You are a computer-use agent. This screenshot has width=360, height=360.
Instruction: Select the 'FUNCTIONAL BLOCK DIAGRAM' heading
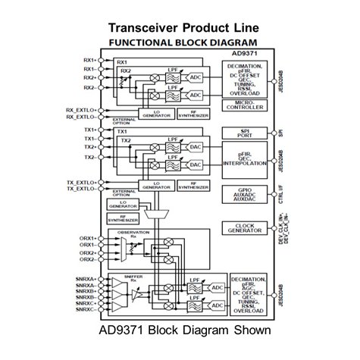[180, 42]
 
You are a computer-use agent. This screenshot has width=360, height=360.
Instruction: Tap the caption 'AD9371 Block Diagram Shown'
[179, 331]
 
